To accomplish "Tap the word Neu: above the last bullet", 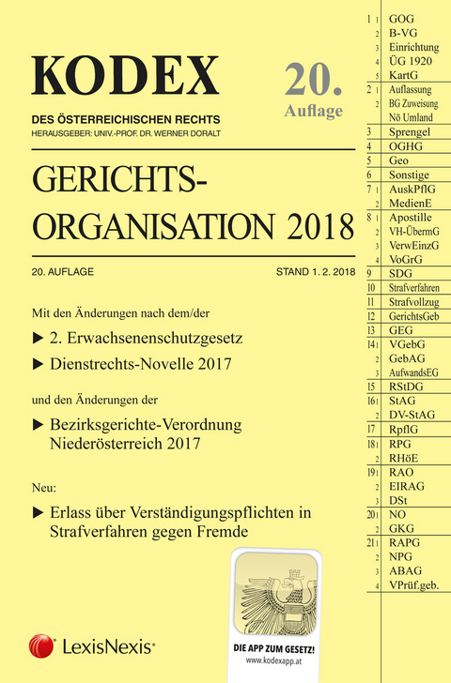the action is tap(45, 489).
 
